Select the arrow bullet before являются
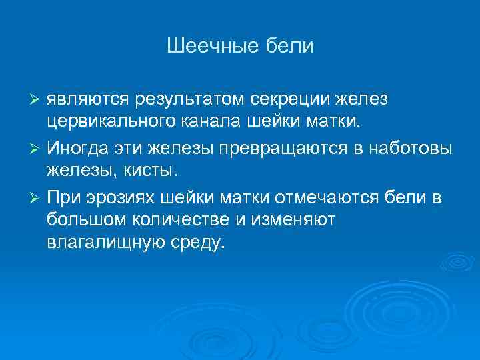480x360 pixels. coord(37,100)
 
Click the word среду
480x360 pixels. coord(194,243)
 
